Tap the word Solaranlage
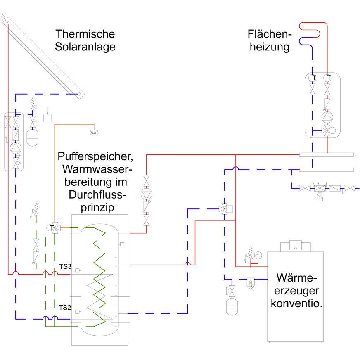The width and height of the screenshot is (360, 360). pyautogui.click(x=85, y=47)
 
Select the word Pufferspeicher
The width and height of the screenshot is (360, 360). pyautogui.click(x=95, y=157)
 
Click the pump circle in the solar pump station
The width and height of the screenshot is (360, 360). pyautogui.click(x=15, y=147)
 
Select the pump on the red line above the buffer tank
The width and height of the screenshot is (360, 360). pyautogui.click(x=147, y=194)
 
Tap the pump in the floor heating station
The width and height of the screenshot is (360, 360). pyautogui.click(x=327, y=118)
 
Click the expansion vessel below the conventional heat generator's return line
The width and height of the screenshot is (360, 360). pyautogui.click(x=232, y=308)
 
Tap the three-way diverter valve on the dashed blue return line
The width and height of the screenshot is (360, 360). pyautogui.click(x=225, y=208)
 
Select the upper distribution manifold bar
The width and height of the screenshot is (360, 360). pyautogui.click(x=326, y=155)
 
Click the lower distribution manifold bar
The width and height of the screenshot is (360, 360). pyautogui.click(x=326, y=170)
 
